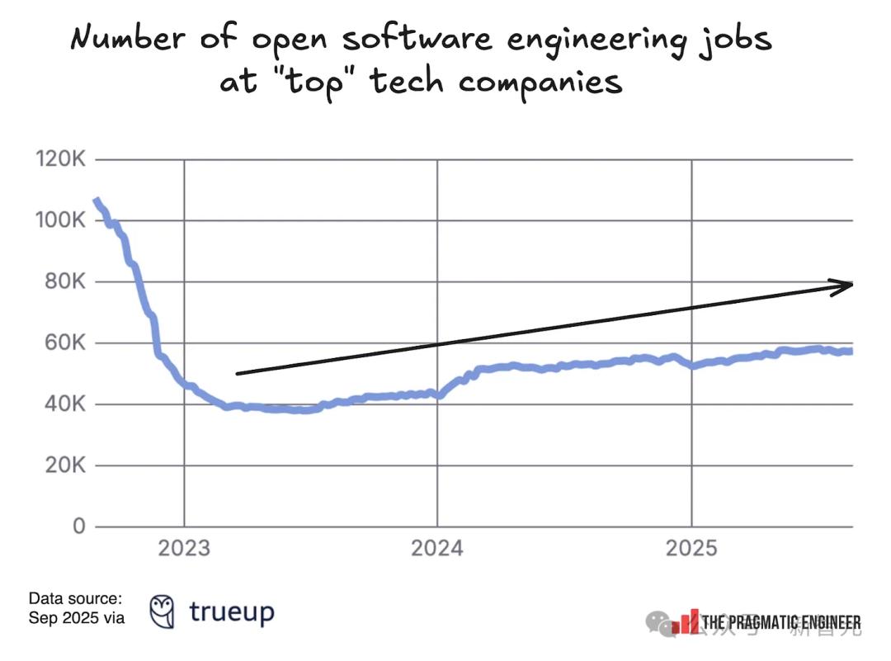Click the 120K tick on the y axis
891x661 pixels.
tap(60, 159)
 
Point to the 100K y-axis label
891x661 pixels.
tap(60, 220)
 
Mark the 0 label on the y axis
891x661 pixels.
tap(79, 526)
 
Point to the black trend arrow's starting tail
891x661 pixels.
tap(238, 374)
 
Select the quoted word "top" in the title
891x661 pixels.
tap(318, 83)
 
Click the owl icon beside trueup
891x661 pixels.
tap(162, 611)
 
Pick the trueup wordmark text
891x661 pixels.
tap(231, 611)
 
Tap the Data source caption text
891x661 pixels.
tap(75, 607)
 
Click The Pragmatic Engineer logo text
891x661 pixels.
tap(780, 622)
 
